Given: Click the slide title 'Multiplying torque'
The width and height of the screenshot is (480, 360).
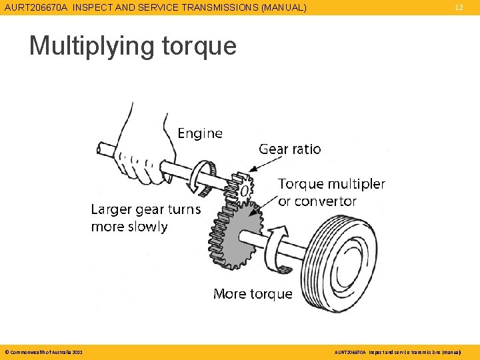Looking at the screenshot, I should click(x=133, y=46).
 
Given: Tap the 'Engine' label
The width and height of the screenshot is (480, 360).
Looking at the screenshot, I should click(x=200, y=133).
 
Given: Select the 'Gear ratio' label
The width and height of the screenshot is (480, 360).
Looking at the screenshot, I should click(x=289, y=149).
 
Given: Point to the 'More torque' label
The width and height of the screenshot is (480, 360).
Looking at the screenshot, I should click(x=253, y=294).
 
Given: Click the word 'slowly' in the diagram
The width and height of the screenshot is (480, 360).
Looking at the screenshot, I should click(x=147, y=227).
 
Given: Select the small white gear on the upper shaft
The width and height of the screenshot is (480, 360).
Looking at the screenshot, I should click(x=241, y=186).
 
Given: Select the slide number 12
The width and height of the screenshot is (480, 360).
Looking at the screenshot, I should click(x=459, y=7).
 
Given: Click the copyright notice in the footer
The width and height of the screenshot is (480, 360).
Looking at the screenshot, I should click(x=43, y=351).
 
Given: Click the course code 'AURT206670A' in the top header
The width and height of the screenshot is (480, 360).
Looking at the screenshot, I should click(x=36, y=8).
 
